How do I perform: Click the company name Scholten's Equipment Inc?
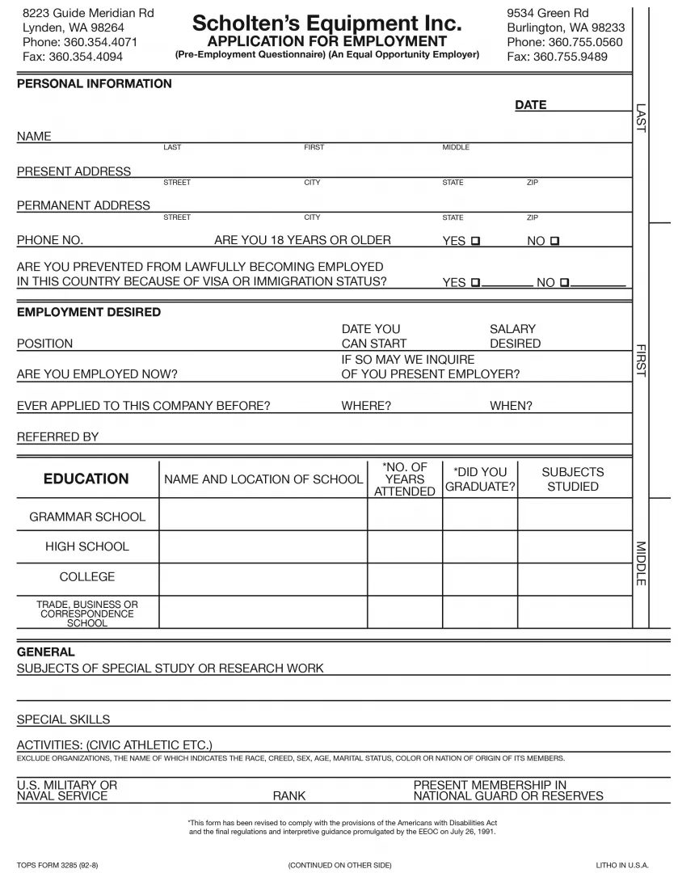[x=326, y=23]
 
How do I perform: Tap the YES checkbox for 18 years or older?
[x=475, y=241]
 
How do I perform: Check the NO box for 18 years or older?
[x=554, y=241]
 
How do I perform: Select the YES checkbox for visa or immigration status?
[x=475, y=282]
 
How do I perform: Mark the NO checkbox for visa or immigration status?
[x=564, y=282]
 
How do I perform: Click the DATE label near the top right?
[x=530, y=104]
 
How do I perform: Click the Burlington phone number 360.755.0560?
[x=565, y=42]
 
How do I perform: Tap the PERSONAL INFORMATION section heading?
[x=95, y=83]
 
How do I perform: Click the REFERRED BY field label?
[x=58, y=436]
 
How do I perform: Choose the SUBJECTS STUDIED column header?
[x=572, y=479]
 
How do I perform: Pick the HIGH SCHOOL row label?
[x=87, y=546]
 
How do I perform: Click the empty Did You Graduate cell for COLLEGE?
[x=480, y=577]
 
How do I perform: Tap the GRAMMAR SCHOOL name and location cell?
[x=263, y=517]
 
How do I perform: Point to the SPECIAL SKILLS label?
[x=63, y=719]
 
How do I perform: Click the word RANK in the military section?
[x=289, y=796]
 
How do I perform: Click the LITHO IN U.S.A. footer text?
[x=622, y=865]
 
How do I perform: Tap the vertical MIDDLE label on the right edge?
[x=640, y=563]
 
